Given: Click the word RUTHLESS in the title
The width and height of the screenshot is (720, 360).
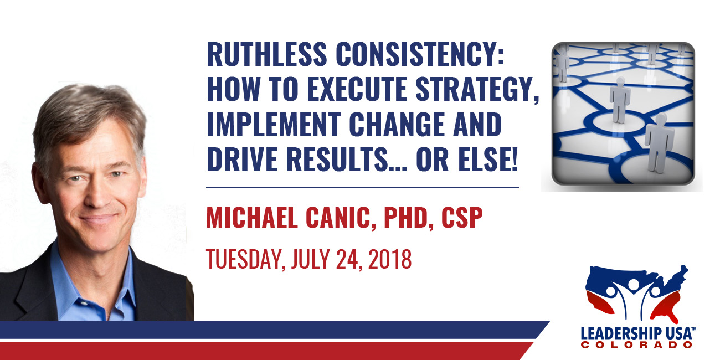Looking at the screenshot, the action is (x=267, y=54).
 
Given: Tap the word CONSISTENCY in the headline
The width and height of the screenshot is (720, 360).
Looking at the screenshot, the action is (x=420, y=54).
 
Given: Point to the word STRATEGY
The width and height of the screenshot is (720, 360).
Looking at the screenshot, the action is (x=477, y=90).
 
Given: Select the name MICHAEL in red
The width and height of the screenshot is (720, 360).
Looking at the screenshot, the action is (x=252, y=218).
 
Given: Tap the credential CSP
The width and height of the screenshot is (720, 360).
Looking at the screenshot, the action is (x=462, y=218).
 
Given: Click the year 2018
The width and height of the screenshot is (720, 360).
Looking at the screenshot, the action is (x=389, y=259).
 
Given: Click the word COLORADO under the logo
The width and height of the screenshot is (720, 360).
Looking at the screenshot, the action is (x=637, y=345).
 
